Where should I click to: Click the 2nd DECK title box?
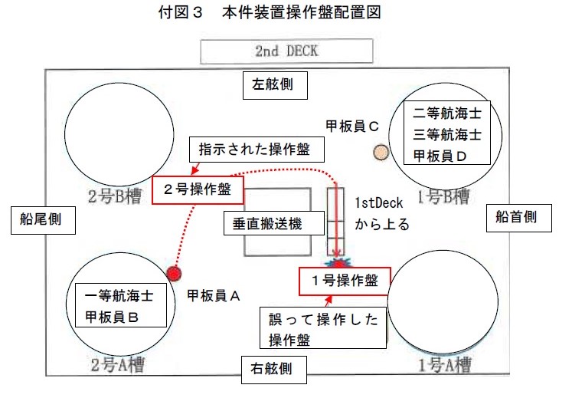[x=286, y=51]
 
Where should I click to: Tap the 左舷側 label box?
[x=275, y=85]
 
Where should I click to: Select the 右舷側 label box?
[x=273, y=370]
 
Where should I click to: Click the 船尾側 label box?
[x=43, y=220]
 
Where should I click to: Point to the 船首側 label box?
[x=518, y=218]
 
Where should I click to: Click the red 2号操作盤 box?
[x=198, y=190]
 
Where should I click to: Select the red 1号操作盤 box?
[x=345, y=281]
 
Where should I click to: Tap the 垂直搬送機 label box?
[x=274, y=223]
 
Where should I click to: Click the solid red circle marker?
[x=174, y=273]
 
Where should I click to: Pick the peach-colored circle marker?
[x=381, y=153]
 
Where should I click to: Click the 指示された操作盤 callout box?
[x=257, y=150]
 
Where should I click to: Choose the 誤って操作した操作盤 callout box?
[x=323, y=327]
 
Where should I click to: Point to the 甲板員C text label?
[x=352, y=127]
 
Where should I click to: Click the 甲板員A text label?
[x=214, y=296]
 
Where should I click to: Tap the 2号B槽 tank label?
[x=115, y=197]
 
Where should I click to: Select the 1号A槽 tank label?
[x=445, y=365]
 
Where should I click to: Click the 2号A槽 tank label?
[x=117, y=365]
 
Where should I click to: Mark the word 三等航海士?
[x=447, y=134]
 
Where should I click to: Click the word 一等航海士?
[x=119, y=296]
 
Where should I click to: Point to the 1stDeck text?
[x=379, y=203]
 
